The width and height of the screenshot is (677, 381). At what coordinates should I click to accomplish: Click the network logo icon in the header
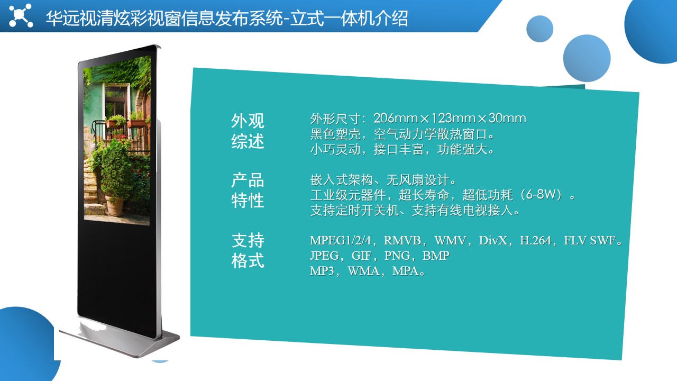click(21, 15)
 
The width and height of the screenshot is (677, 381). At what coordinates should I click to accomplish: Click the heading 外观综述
click(248, 131)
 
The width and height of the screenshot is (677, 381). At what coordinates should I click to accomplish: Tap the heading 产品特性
click(248, 190)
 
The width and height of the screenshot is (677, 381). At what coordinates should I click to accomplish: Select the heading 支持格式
click(248, 251)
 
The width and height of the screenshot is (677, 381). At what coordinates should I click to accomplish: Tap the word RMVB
click(402, 241)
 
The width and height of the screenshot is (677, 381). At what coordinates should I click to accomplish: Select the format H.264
click(535, 241)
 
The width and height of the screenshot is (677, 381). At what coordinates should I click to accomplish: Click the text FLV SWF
click(590, 241)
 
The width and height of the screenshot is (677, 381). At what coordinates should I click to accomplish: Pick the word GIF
click(361, 256)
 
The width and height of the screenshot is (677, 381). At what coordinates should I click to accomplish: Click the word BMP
click(436, 256)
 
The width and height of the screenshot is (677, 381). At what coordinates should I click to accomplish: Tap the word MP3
click(322, 271)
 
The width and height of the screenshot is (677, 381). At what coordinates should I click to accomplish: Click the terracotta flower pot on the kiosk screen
click(115, 206)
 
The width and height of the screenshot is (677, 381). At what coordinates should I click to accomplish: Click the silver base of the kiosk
click(119, 338)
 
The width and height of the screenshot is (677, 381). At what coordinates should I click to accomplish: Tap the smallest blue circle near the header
click(540, 29)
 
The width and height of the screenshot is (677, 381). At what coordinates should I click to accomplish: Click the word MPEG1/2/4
click(340, 241)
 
